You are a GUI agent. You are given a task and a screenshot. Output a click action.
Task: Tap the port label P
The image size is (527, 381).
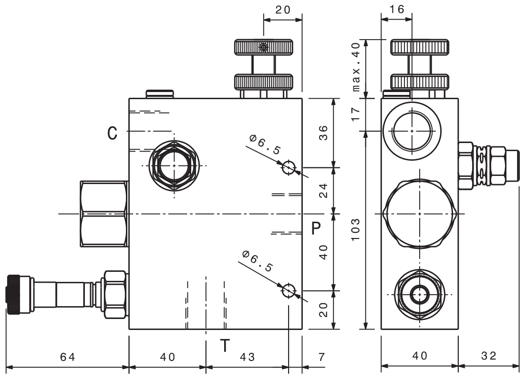click(x=315, y=228)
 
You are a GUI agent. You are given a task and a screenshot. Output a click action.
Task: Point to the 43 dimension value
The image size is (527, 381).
click(x=248, y=356)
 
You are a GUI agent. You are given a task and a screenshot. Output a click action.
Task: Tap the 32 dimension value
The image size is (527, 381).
click(x=489, y=356)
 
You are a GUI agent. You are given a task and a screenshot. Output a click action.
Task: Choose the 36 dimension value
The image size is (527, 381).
click(x=323, y=133)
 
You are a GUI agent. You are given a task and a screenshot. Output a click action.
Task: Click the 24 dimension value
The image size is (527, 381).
click(x=323, y=191)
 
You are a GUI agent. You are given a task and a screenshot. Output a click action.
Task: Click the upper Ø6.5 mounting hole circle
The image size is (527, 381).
click(x=289, y=167)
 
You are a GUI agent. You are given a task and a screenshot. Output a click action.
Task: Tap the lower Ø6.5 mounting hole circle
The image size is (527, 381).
click(x=289, y=290)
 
